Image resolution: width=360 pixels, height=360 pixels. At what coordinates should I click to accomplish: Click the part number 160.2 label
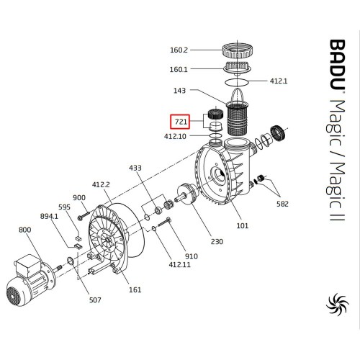[x=179, y=50]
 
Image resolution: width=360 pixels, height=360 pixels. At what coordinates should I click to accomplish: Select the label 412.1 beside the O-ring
[x=279, y=81]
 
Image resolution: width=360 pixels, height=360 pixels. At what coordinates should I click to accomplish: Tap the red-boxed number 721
[x=181, y=122]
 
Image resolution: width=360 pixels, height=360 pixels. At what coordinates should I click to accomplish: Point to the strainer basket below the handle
[x=238, y=118]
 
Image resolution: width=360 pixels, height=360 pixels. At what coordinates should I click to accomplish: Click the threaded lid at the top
[x=237, y=51]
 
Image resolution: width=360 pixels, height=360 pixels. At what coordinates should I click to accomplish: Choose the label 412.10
[x=175, y=136]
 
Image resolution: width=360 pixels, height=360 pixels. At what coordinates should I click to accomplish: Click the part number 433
[x=135, y=168]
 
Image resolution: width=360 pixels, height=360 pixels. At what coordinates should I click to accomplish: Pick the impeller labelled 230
[x=187, y=193]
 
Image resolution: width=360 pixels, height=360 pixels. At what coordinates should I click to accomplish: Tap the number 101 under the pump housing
[x=243, y=225]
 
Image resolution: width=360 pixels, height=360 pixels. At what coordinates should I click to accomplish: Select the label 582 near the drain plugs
[x=282, y=204]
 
